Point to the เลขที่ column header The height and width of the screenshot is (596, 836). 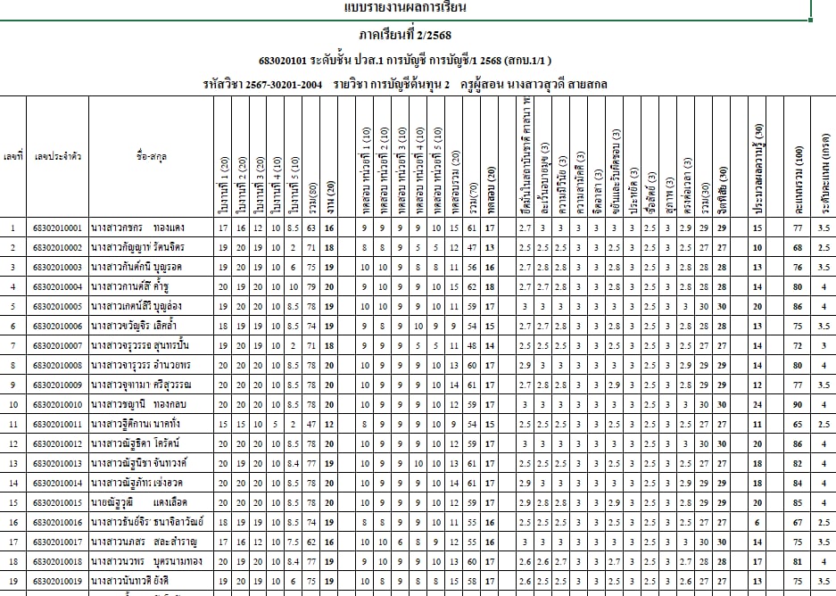click(12, 156)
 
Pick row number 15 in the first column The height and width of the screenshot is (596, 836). click(12, 501)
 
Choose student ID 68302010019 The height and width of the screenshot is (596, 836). click(57, 580)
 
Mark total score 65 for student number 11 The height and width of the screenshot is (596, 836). click(797, 424)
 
